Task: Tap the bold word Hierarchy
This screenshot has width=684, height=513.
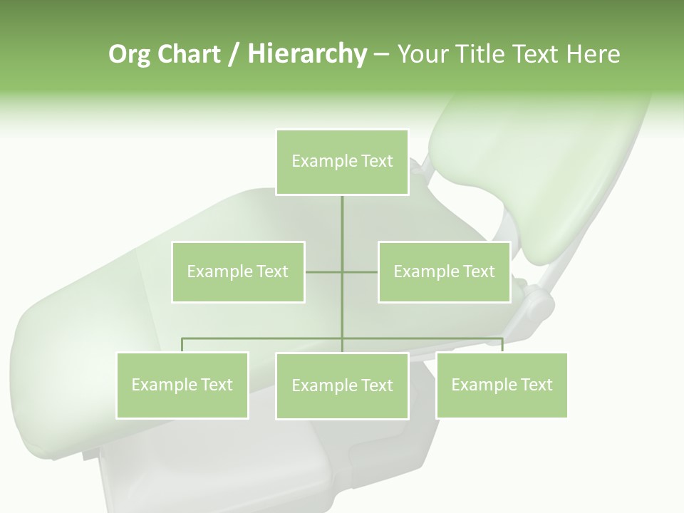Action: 307,54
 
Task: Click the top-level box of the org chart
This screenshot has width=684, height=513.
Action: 342,162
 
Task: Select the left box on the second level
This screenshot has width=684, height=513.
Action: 238,271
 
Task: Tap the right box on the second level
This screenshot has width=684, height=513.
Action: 444,271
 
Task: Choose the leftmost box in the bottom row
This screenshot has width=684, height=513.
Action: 182,385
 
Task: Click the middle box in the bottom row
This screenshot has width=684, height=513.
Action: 342,385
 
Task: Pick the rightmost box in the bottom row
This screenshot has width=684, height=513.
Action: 502,385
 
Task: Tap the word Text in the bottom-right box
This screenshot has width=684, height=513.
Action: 536,385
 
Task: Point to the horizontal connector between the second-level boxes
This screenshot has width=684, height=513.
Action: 324,271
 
